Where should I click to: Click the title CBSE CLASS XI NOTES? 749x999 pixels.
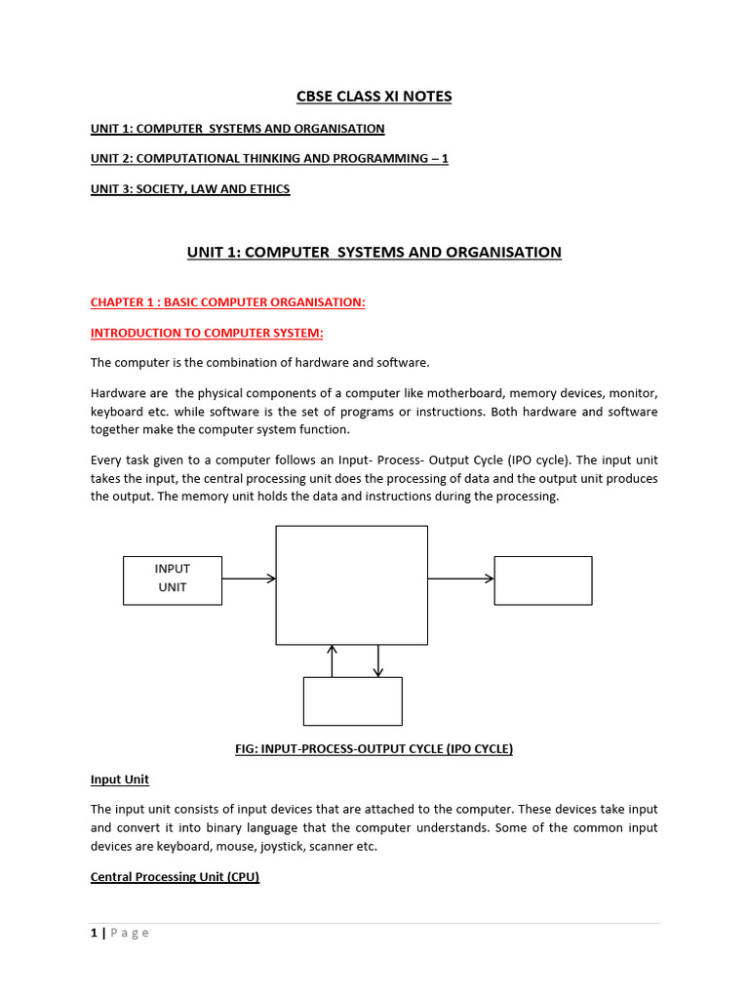point(374,96)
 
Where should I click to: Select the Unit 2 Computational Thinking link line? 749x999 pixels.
point(269,158)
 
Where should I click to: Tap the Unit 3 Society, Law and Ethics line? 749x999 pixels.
point(190,188)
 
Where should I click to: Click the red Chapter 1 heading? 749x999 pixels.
point(228,302)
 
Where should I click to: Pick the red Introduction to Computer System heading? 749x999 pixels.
point(207,333)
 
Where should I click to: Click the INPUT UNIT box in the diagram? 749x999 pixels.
point(173,579)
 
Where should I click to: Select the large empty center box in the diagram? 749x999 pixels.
point(351,584)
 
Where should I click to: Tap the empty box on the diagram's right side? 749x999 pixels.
point(542,579)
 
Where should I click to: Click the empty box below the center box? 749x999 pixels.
point(352,701)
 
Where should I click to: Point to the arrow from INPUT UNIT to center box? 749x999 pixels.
point(249,579)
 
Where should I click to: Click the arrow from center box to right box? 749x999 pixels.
point(460,579)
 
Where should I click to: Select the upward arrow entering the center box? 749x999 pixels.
point(333,660)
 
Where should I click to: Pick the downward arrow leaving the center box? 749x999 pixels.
point(378,660)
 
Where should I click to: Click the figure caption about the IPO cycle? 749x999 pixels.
point(374,748)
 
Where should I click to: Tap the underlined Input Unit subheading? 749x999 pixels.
point(120,779)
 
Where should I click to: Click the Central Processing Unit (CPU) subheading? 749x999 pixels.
point(175,876)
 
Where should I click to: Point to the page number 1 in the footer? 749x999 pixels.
point(94,933)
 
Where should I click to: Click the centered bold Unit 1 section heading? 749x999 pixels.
point(374,252)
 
